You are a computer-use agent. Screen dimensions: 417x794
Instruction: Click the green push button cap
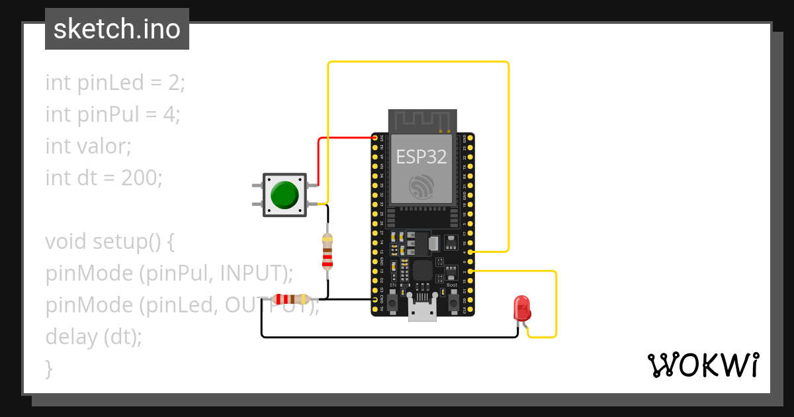pos(285,195)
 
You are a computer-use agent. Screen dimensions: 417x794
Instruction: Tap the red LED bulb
pos(522,308)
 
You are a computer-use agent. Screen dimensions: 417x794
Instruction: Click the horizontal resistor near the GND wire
pos(291,299)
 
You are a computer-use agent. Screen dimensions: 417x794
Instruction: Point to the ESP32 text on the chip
pos(421,157)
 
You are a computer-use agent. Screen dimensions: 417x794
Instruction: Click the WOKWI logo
pos(702,365)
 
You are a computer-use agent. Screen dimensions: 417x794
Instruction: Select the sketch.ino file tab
pos(117,29)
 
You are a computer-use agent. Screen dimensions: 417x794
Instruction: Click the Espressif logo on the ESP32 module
pos(421,187)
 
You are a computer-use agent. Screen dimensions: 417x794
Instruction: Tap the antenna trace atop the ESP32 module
pos(422,120)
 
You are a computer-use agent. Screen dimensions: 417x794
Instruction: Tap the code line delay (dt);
pos(93,337)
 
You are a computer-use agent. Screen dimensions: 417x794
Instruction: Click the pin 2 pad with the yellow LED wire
pos(470,271)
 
